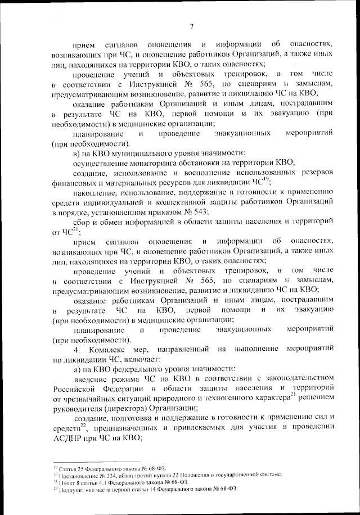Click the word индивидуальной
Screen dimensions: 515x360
(x=117, y=202)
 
